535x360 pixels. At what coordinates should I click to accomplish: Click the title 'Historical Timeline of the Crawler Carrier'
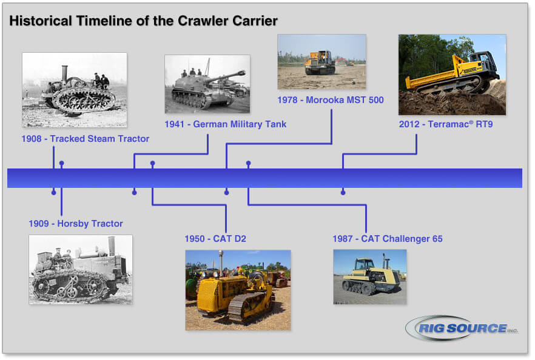click(x=143, y=21)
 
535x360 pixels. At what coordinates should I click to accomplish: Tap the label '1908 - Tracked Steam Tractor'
click(x=85, y=139)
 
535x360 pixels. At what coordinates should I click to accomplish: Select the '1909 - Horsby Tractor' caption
click(x=76, y=224)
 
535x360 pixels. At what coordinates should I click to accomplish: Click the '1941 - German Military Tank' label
click(x=225, y=124)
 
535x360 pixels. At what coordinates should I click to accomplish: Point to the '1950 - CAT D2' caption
click(x=215, y=239)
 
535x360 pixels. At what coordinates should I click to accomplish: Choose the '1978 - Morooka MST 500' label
click(x=331, y=100)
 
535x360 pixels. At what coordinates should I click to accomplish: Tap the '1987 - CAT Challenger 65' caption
click(x=387, y=239)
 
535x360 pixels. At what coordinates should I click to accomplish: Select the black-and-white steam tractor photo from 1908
click(x=75, y=90)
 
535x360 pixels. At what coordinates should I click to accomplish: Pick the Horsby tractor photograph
click(x=81, y=269)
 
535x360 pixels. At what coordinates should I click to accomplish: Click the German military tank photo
click(x=207, y=84)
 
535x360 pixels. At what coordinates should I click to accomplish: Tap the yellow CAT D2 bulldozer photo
click(x=238, y=290)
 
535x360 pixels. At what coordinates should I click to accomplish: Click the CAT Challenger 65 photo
click(x=369, y=276)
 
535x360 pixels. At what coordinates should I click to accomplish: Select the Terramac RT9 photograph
click(x=452, y=74)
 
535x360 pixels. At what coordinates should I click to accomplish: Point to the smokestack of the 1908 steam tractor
click(x=64, y=72)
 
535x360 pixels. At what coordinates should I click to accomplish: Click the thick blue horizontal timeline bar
click(x=264, y=178)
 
